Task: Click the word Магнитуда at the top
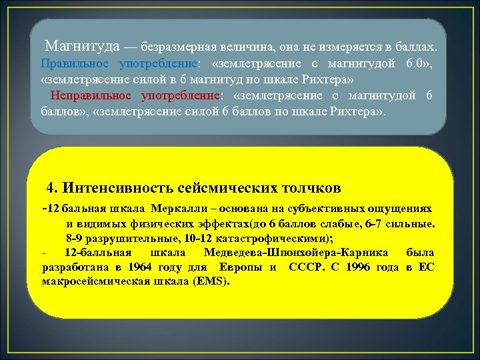coord(82,47)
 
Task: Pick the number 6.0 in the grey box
coord(415,64)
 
